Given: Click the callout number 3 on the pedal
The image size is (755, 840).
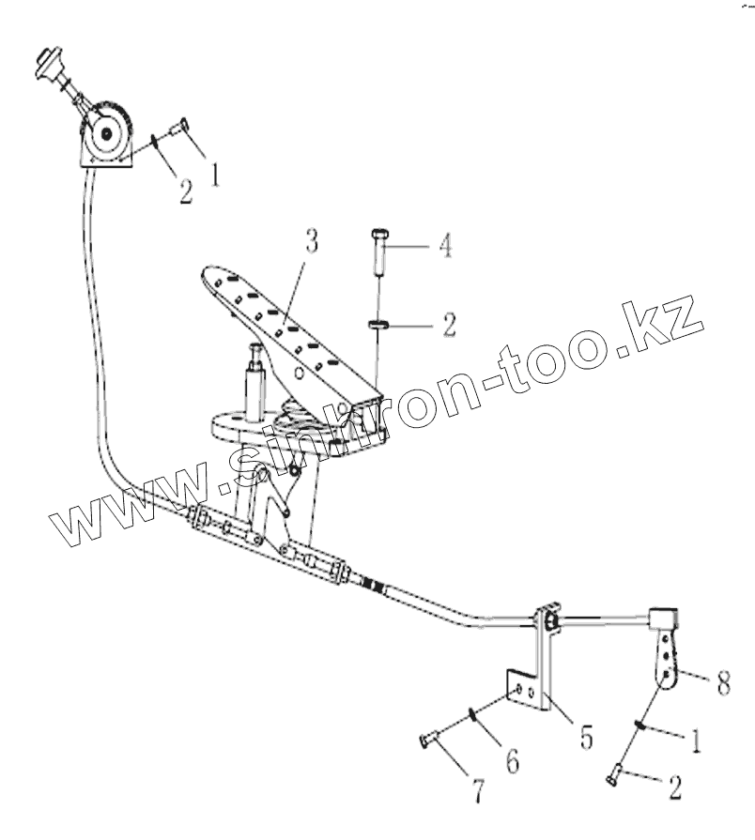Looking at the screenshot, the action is click(x=312, y=241).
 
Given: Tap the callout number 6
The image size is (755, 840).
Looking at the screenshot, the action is click(x=512, y=760).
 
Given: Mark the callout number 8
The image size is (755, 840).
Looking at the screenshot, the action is click(x=722, y=684).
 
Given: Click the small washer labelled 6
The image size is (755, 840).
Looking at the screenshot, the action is click(x=473, y=719).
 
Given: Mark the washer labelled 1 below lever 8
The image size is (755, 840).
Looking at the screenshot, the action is click(x=639, y=725).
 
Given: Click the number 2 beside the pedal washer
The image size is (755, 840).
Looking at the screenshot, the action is click(x=449, y=326).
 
